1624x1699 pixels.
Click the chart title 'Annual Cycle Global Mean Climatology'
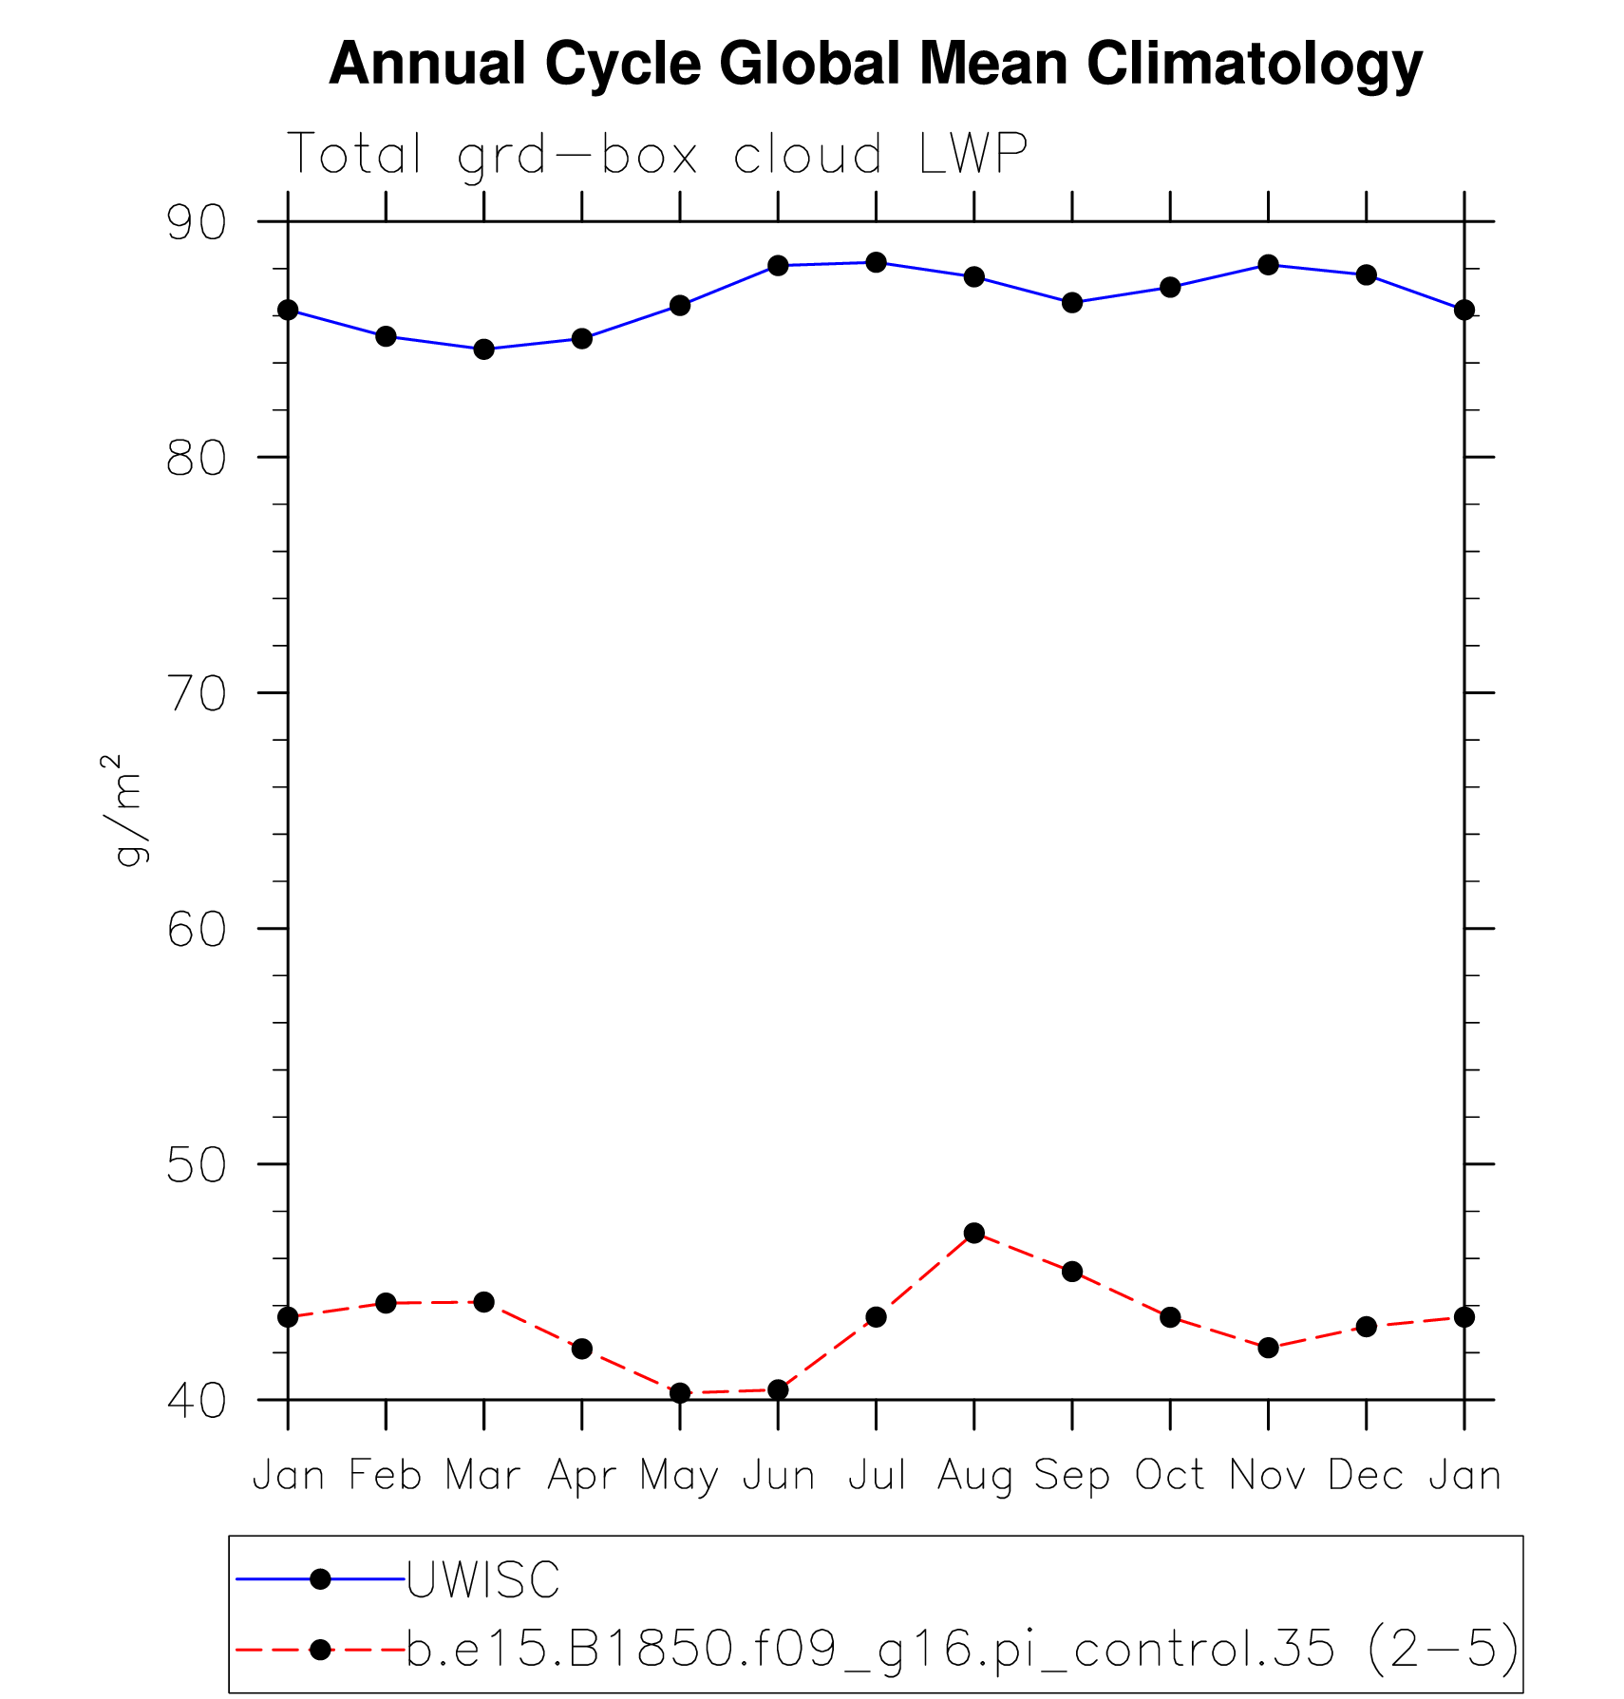(875, 65)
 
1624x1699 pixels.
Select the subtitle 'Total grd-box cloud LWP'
(656, 154)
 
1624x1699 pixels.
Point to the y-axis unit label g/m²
(124, 810)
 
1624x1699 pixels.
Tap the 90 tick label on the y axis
(197, 222)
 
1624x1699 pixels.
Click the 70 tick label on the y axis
(197, 693)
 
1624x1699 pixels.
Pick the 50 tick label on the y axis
(197, 1164)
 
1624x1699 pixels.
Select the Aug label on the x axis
(974, 1476)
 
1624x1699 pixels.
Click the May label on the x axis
(679, 1476)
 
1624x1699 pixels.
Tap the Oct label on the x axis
(1170, 1475)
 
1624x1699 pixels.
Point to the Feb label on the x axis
(386, 1475)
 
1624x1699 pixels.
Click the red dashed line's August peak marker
(974, 1233)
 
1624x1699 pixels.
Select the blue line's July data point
(877, 262)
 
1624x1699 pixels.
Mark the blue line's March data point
(484, 349)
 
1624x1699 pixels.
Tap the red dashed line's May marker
(680, 1393)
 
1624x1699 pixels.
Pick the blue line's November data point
(1269, 264)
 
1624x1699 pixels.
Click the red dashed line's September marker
(1072, 1272)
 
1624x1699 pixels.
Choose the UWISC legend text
(483, 1580)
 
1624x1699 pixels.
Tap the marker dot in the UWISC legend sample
(320, 1579)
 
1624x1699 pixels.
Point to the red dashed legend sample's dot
(320, 1650)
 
